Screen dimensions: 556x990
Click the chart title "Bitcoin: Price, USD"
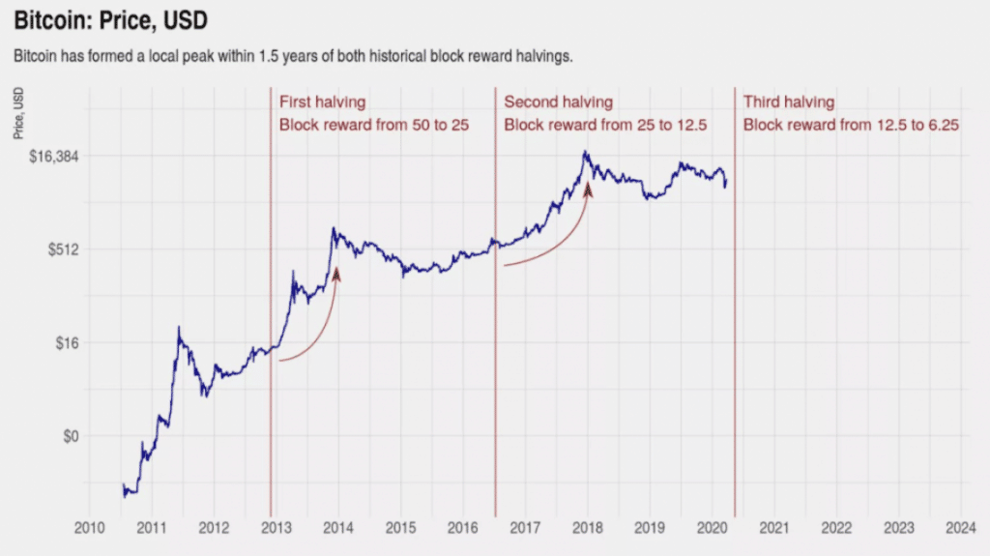pos(111,19)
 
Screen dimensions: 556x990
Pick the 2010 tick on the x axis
pos(89,527)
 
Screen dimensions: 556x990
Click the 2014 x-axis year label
pos(338,527)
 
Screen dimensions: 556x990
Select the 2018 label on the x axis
pos(588,527)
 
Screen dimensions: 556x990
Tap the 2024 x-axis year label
pos(961,527)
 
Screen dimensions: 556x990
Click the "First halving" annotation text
pos(322,102)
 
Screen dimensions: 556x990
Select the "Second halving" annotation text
pos(558,102)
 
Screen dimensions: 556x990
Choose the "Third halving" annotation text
pos(788,102)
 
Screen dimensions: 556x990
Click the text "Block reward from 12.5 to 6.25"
pos(851,125)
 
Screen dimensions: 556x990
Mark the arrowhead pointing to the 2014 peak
pos(336,275)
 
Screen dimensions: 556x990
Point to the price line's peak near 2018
pos(585,152)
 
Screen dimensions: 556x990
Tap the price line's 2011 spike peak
pos(178,328)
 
